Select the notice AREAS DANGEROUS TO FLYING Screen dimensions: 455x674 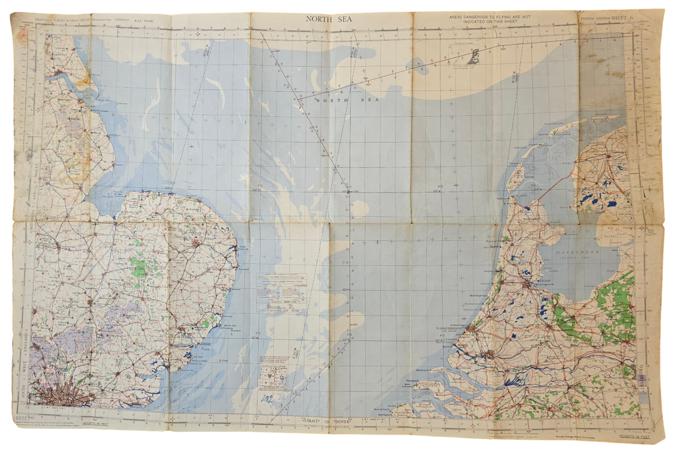click(490, 20)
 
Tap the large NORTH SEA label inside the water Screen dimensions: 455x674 click(339, 99)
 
